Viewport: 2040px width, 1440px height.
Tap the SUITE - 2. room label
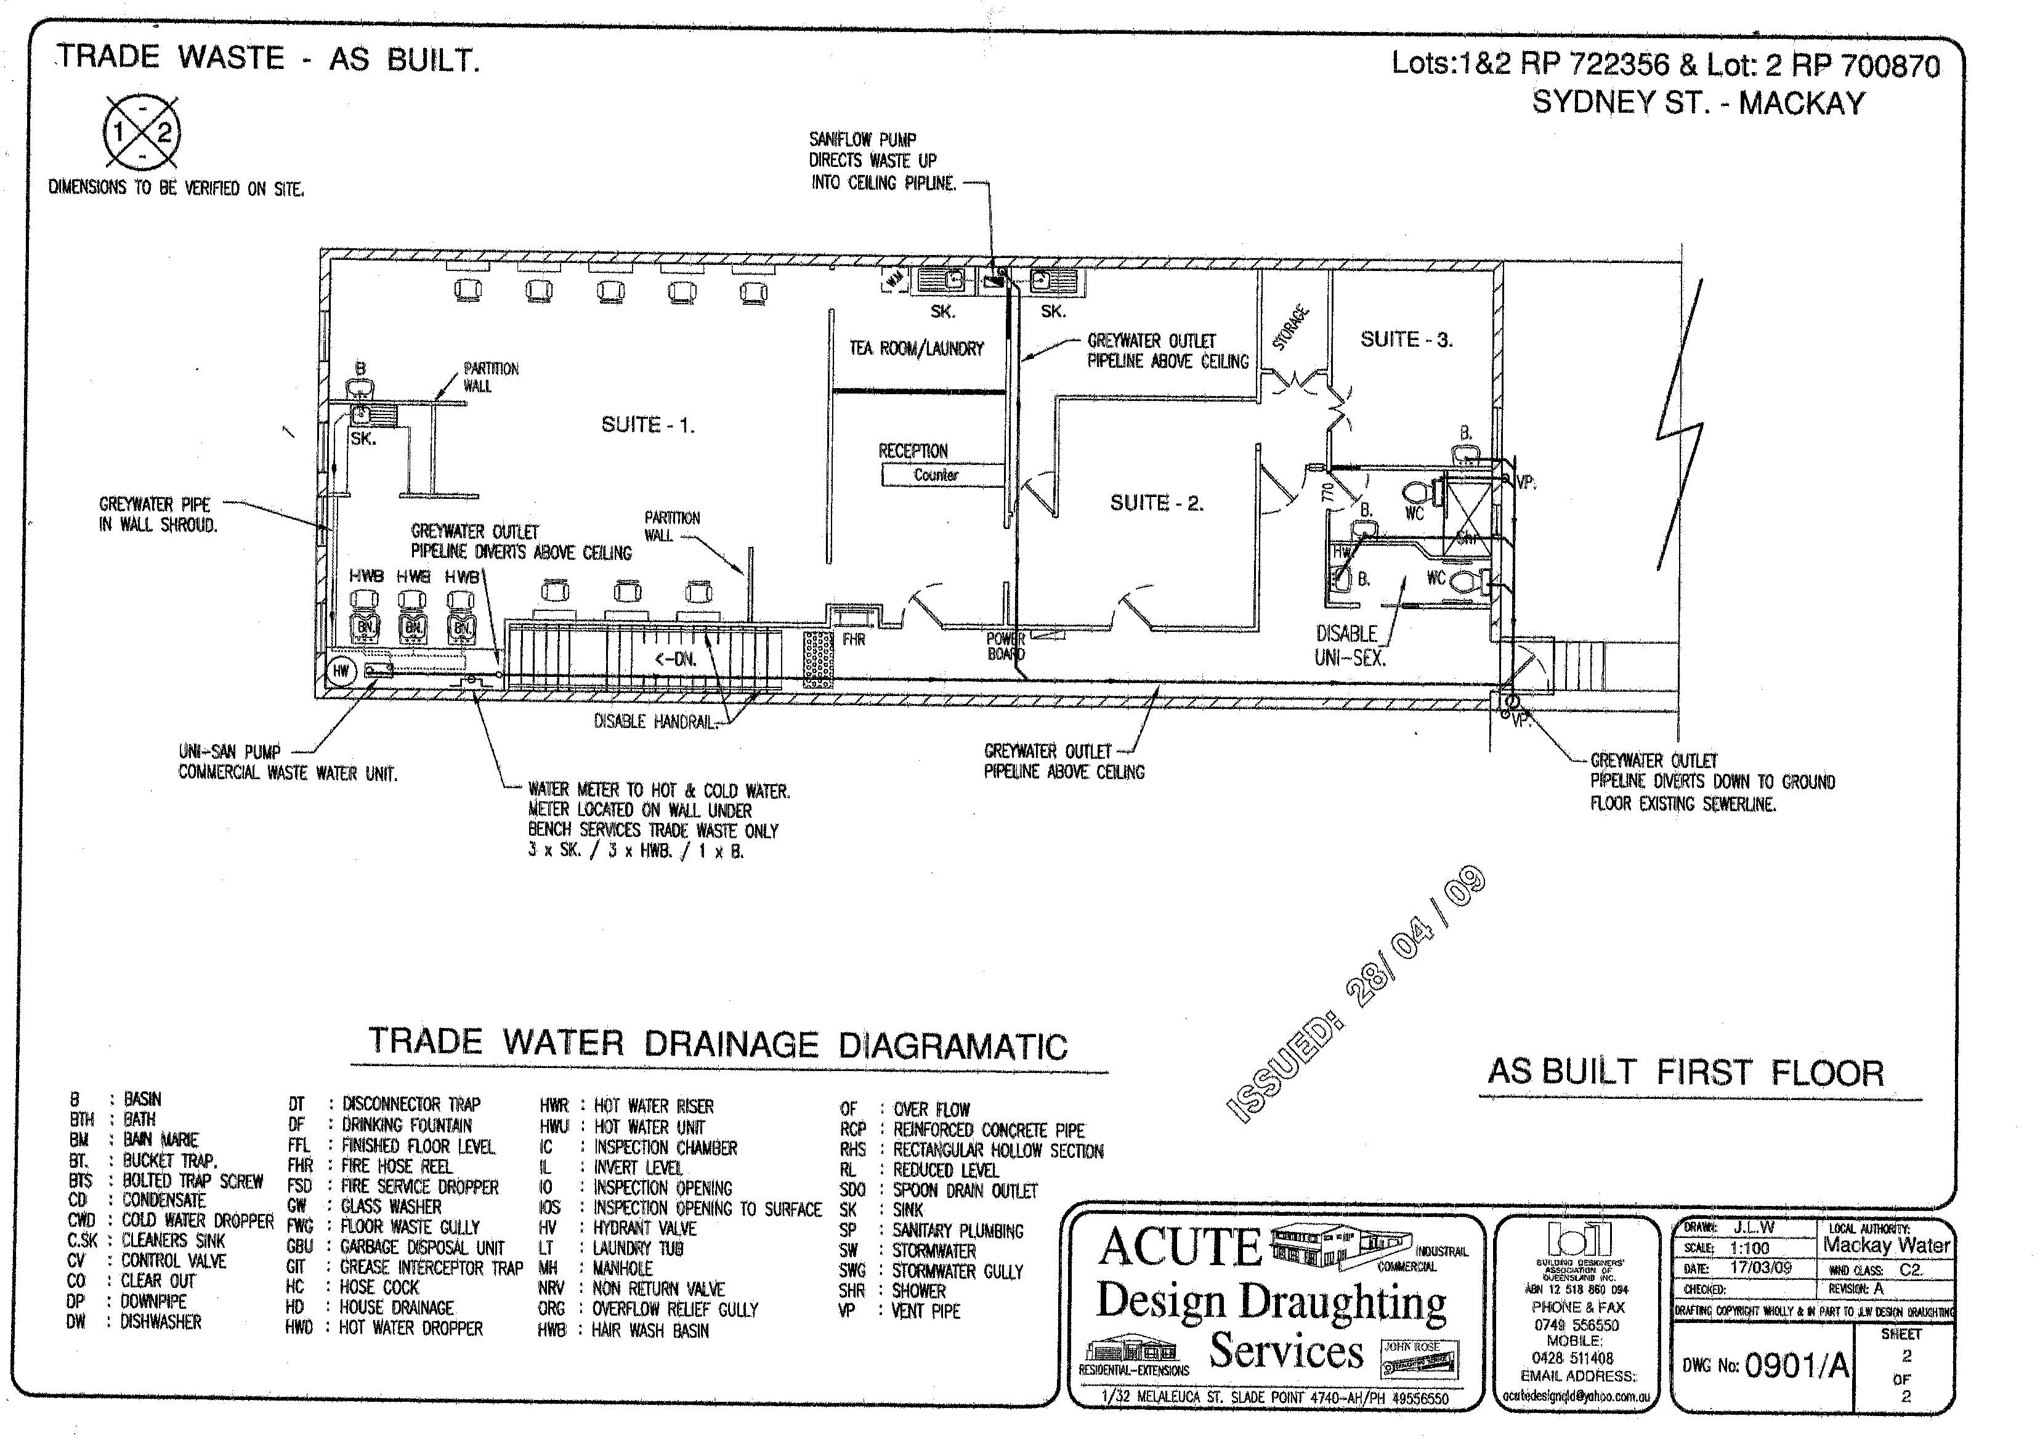click(x=1156, y=503)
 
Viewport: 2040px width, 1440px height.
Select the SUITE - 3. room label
click(x=1406, y=339)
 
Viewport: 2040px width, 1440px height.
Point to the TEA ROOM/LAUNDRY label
click(x=916, y=348)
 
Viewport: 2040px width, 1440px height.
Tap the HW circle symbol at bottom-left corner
click(x=342, y=671)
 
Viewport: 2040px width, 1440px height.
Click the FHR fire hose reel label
click(x=854, y=639)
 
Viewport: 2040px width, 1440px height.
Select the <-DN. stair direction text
click(x=675, y=659)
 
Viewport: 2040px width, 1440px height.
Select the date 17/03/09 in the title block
click(x=1760, y=1268)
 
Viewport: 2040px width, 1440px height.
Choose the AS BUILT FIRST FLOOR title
click(x=1685, y=1072)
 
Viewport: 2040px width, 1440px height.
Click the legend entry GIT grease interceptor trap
click(x=404, y=1268)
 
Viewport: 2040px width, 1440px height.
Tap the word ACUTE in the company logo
click(x=1180, y=1247)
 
